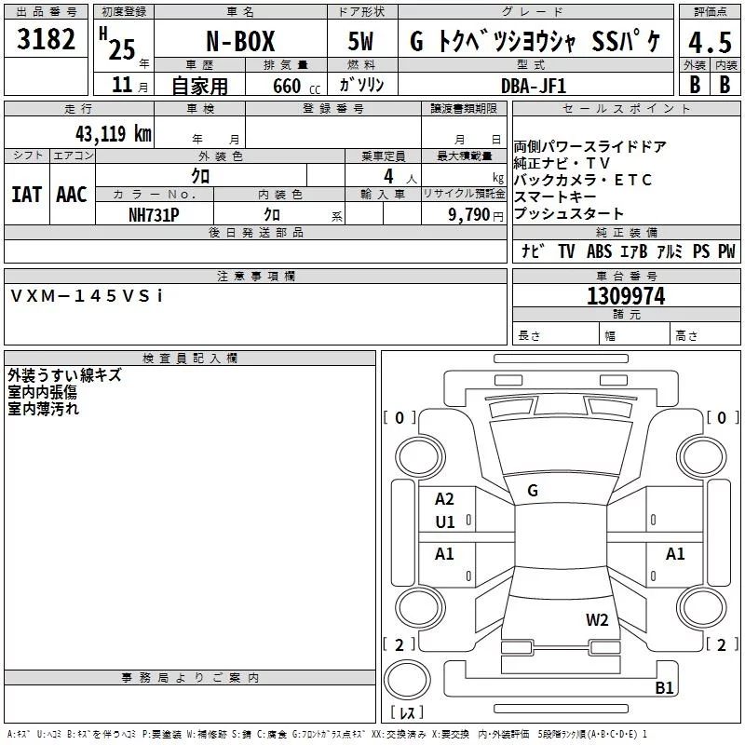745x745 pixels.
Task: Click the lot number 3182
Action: [x=46, y=39]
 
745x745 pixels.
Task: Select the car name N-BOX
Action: [x=240, y=41]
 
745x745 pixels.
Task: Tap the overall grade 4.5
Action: [x=710, y=42]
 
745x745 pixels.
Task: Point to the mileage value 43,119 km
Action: [x=114, y=133]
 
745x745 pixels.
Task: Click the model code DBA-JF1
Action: [x=534, y=86]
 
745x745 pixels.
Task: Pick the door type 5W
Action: [x=360, y=41]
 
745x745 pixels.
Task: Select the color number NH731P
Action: [x=154, y=215]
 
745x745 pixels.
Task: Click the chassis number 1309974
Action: [x=626, y=296]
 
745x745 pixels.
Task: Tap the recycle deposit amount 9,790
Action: [x=468, y=215]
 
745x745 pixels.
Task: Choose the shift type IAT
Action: [x=27, y=195]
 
